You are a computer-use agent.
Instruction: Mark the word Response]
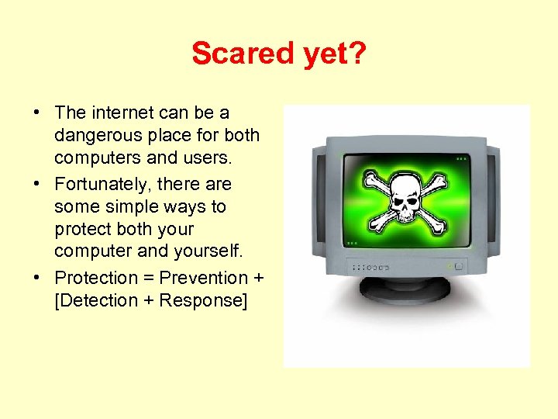click(x=203, y=300)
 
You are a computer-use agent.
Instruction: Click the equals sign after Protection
click(x=148, y=278)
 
